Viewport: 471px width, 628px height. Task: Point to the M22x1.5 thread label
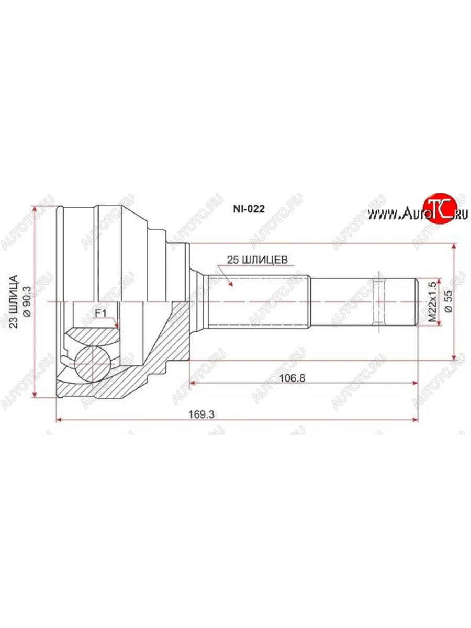tap(432, 302)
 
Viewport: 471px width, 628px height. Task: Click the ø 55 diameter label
tap(448, 302)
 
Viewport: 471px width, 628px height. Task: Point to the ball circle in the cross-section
tap(93, 361)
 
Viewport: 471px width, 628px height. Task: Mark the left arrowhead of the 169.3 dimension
tap(59, 420)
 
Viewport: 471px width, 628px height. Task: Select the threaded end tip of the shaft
tap(417, 302)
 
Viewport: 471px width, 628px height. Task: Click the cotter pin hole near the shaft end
tap(377, 302)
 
